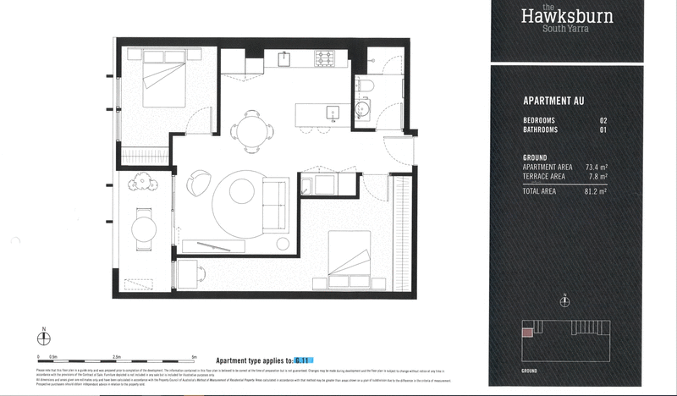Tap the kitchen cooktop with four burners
(325, 59)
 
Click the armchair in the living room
(199, 180)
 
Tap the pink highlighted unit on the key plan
(527, 333)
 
